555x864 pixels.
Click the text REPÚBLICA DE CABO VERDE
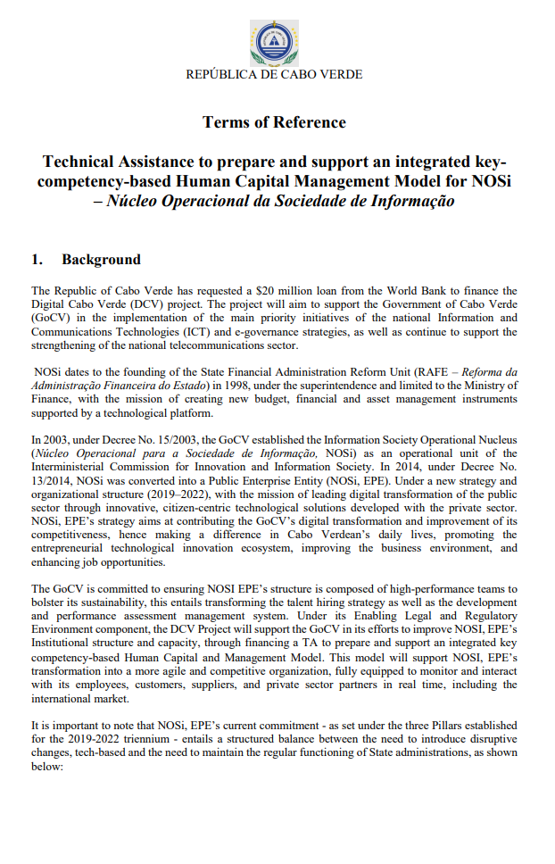[x=274, y=75]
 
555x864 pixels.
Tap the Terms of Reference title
[x=274, y=121]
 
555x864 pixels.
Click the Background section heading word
[x=101, y=260]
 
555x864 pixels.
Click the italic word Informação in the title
[x=406, y=200]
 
